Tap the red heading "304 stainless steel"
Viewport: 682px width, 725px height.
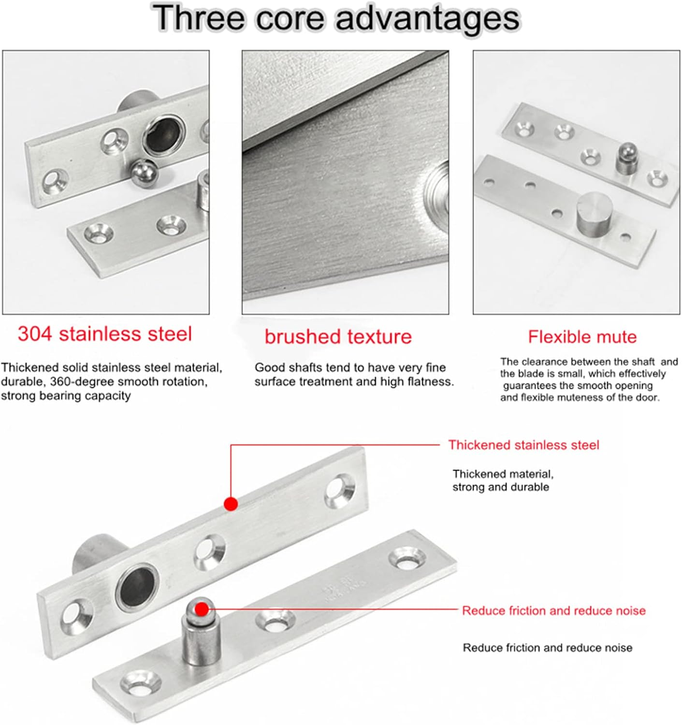click(x=105, y=334)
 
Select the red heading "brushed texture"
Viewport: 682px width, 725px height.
click(x=338, y=337)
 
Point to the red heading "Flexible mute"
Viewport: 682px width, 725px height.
click(x=582, y=337)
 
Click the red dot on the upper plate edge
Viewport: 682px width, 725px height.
click(x=231, y=504)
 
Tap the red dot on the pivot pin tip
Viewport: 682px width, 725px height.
click(x=202, y=609)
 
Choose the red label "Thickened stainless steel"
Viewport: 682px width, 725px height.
click(x=523, y=445)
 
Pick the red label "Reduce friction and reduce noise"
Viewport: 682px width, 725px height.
click(x=553, y=610)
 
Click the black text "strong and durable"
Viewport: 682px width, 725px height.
click(x=500, y=487)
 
